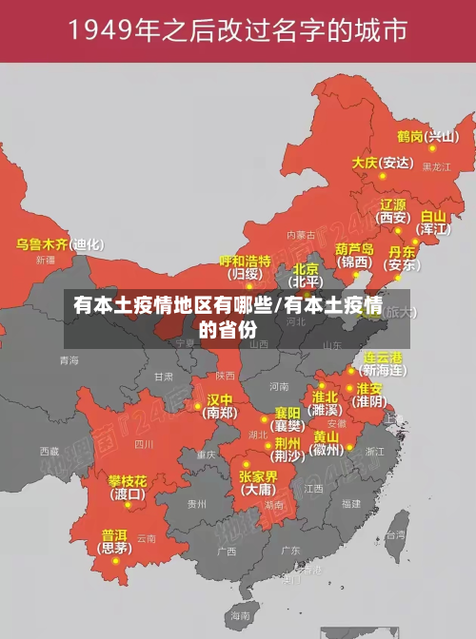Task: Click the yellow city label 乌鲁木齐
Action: (43, 244)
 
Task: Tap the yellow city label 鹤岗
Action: (410, 136)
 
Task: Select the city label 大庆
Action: (365, 163)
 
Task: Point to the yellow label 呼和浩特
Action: (245, 261)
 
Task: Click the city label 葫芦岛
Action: (354, 248)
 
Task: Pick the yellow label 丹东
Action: (403, 252)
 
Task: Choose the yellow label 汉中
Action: (220, 399)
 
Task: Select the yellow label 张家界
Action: (258, 476)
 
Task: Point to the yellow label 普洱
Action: (114, 534)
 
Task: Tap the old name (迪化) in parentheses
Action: (88, 244)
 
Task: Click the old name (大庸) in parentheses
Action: (257, 491)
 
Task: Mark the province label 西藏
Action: (49, 451)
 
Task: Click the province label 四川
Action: (144, 443)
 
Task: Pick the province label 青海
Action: (69, 360)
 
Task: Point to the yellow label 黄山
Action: (326, 436)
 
